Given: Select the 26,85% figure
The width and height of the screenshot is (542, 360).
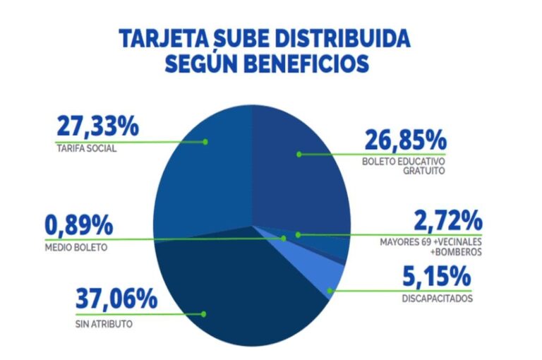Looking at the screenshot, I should point(404,139).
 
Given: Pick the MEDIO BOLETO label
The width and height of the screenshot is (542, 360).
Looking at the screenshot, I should point(76,248).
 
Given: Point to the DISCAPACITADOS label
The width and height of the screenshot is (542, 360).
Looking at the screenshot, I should point(437,299).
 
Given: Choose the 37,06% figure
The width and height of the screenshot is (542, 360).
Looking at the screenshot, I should point(115,299).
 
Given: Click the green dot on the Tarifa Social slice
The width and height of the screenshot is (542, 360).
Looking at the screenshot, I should point(205,141).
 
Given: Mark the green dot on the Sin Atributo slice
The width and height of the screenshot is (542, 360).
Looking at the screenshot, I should point(204,313).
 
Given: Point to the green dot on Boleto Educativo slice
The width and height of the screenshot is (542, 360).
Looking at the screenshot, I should point(299,153).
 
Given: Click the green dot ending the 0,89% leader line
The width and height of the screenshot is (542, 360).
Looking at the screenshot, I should point(283,238).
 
